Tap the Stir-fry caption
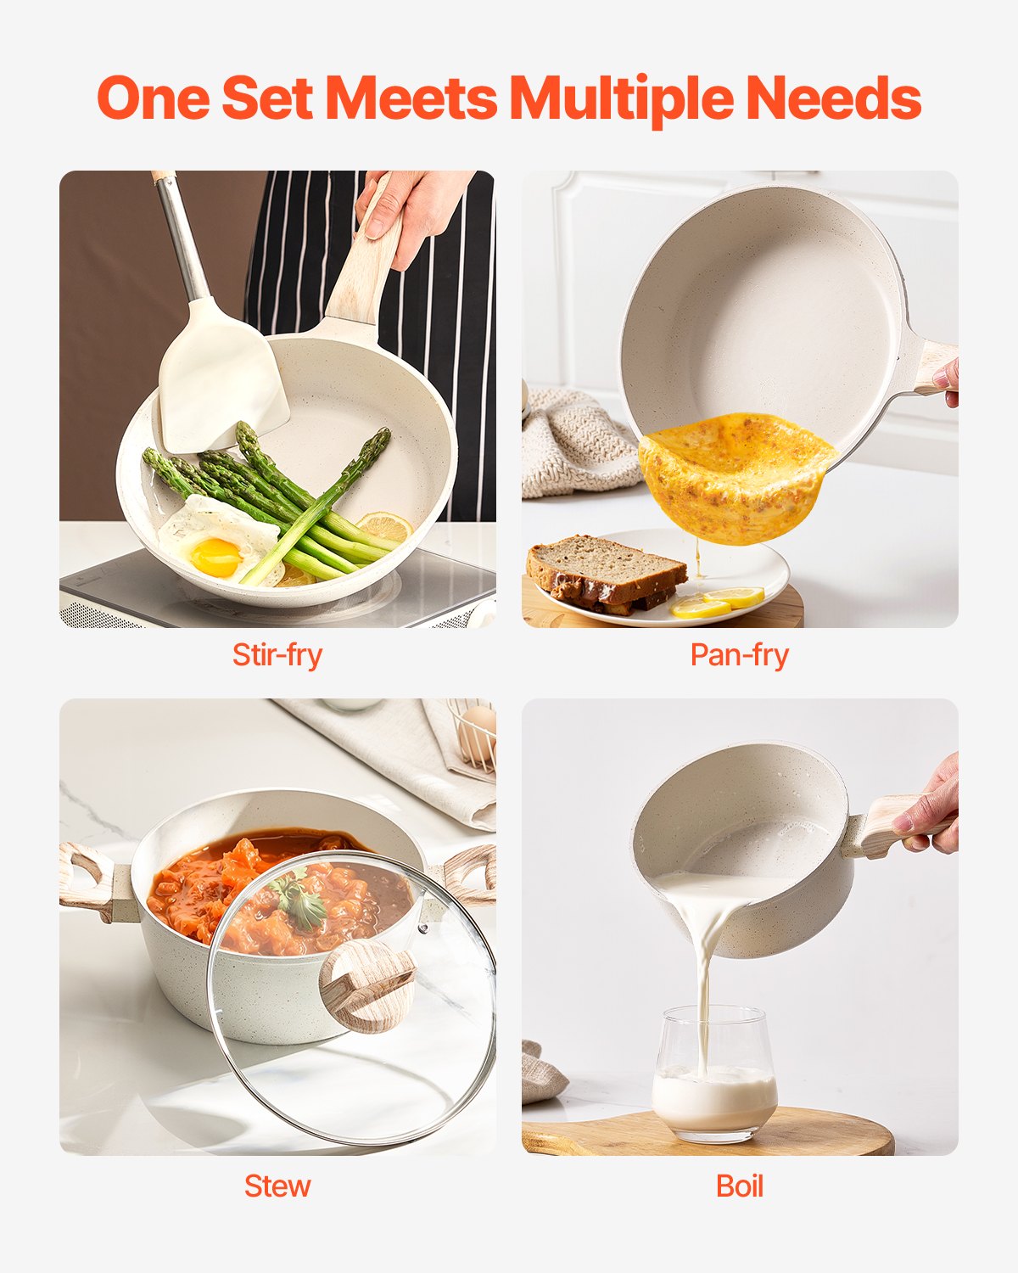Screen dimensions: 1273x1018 (x=277, y=655)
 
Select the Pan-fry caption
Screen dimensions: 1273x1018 (x=739, y=655)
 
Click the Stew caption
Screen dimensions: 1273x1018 (x=277, y=1186)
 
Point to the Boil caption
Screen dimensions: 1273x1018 (x=739, y=1186)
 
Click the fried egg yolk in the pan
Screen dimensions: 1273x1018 (x=215, y=556)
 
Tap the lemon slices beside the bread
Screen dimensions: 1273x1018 (x=717, y=603)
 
